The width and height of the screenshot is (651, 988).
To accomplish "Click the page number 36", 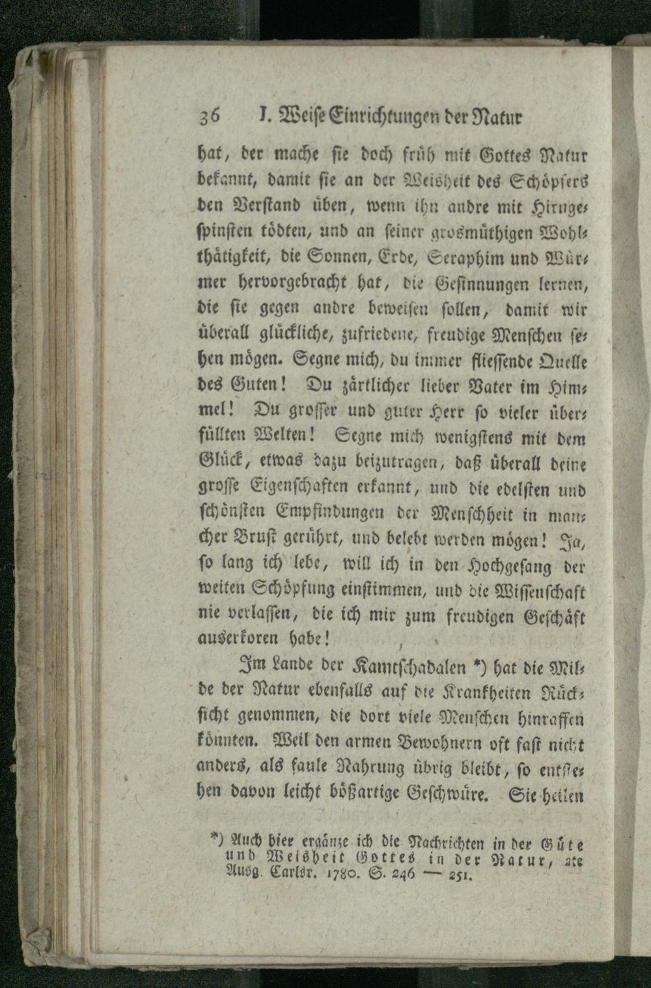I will [212, 118].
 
